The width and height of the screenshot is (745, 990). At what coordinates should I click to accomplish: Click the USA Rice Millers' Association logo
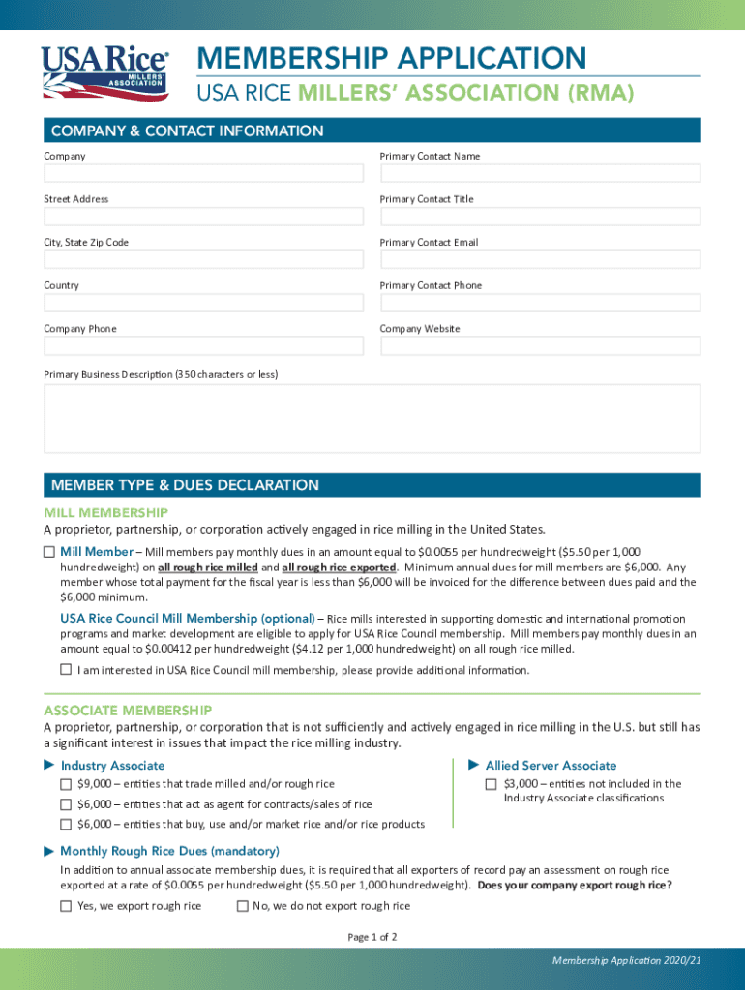point(104,73)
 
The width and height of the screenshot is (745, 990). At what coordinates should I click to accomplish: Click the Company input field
point(203,173)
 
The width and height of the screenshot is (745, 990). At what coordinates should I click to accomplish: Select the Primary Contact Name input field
point(540,173)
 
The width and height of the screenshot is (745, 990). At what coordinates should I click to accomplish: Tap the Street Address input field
point(203,217)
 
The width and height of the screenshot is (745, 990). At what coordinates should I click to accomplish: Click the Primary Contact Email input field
point(540,259)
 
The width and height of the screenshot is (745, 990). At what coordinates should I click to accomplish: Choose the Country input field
point(203,303)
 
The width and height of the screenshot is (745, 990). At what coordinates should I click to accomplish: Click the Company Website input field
point(540,346)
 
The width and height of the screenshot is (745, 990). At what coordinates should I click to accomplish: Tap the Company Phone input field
point(203,346)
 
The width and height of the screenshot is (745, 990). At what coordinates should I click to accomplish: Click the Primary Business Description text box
point(372,418)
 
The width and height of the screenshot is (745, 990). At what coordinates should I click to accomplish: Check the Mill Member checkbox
point(49,551)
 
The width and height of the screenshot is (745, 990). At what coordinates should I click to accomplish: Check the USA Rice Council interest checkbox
point(66,669)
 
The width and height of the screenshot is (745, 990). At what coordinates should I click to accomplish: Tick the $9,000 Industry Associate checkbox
point(66,783)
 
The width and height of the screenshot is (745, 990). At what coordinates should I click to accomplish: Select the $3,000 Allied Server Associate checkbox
point(492,783)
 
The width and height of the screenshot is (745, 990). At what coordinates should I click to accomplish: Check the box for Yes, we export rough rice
point(66,906)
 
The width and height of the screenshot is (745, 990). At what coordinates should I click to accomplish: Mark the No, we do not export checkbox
point(242,906)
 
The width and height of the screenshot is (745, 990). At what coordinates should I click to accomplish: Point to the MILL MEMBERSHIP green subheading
point(105,511)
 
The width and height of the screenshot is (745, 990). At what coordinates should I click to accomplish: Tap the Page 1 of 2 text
point(372,937)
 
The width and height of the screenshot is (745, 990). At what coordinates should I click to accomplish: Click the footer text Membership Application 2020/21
point(626,960)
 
